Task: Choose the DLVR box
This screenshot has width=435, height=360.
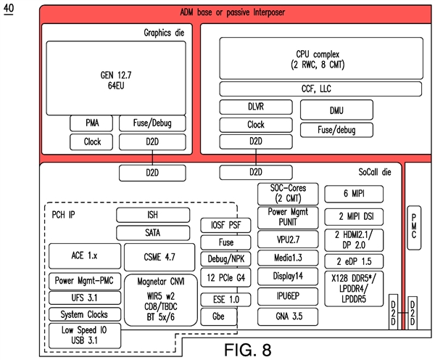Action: [x=256, y=107]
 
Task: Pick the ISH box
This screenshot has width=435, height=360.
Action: [x=153, y=215]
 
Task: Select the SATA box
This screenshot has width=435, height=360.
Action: [x=153, y=233]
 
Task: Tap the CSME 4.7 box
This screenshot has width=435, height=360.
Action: [x=159, y=257]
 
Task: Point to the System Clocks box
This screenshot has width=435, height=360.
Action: [x=83, y=315]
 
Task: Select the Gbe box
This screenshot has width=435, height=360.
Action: [x=219, y=316]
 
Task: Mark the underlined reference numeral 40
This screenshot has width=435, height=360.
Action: [x=9, y=9]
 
